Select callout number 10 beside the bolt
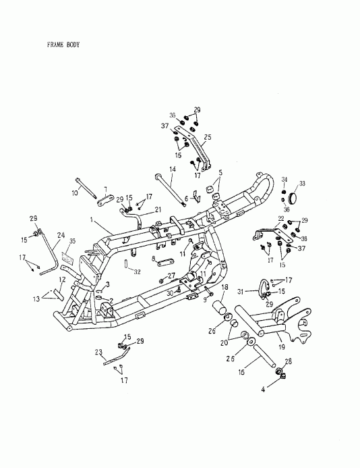[75, 192]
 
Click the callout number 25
[207, 137]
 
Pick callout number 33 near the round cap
[302, 183]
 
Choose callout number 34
[284, 180]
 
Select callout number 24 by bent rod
[61, 236]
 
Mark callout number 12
[62, 280]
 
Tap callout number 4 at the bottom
[264, 390]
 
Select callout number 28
[289, 363]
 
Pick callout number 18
[225, 288]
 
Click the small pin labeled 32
[126, 262]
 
